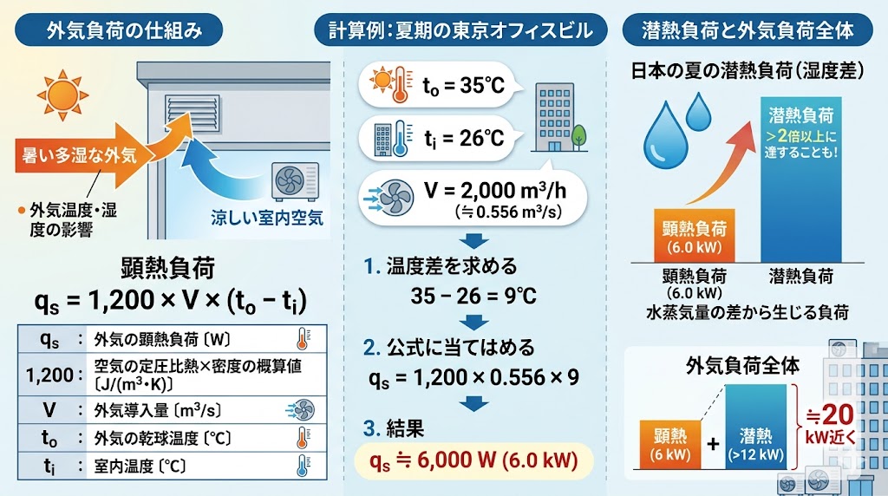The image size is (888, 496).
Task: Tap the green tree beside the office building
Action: (578, 135)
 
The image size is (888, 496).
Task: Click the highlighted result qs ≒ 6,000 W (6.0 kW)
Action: (473, 460)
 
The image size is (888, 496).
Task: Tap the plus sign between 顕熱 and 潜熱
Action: (713, 444)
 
